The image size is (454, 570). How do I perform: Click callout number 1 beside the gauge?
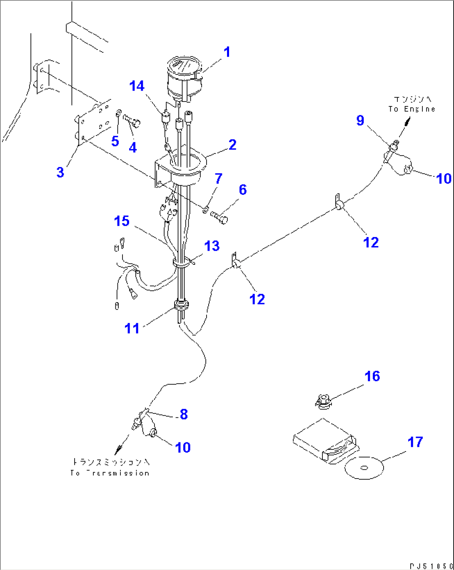click(x=227, y=52)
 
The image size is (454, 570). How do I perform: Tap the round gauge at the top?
click(x=184, y=79)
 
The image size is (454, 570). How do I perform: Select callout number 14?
click(x=137, y=86)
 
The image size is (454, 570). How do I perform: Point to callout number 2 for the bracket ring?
click(x=232, y=145)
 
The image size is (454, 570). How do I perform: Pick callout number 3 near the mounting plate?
click(x=60, y=172)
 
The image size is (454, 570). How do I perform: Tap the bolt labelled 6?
click(x=219, y=217)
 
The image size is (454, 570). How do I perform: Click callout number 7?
click(x=218, y=178)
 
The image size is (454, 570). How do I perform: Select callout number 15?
click(x=122, y=221)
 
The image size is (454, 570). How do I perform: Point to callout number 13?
click(x=212, y=246)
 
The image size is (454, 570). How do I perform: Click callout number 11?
click(x=132, y=328)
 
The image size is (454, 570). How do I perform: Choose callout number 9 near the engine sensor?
click(x=360, y=121)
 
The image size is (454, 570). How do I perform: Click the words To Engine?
click(x=412, y=109)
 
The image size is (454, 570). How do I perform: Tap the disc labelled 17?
click(x=364, y=468)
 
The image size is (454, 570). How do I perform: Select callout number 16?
click(x=372, y=376)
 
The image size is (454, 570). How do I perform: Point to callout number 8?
click(x=184, y=414)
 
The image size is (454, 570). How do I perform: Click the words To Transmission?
click(x=110, y=473)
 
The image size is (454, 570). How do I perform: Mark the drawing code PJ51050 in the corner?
click(x=430, y=566)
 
